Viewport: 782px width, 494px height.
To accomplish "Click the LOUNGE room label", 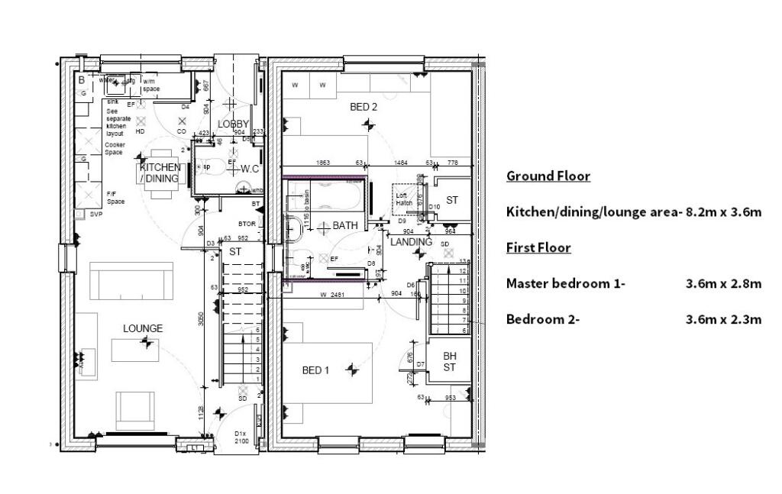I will [143, 328].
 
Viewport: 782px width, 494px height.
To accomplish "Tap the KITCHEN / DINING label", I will [160, 173].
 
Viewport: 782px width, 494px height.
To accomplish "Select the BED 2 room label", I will [364, 107].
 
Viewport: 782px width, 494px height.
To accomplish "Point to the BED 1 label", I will [315, 370].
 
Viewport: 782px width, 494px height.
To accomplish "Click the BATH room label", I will [344, 226].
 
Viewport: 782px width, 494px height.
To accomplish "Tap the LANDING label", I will [411, 242].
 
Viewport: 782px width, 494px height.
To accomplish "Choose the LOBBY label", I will [233, 124].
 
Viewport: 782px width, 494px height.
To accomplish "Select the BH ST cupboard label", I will [450, 361].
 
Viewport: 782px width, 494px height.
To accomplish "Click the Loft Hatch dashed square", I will [405, 199].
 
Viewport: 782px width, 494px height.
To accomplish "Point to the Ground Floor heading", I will [548, 176].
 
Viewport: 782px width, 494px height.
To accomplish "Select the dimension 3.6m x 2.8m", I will [723, 284].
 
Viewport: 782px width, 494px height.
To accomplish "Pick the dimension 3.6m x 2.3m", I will [723, 319].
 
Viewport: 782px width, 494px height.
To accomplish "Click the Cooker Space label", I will [115, 148].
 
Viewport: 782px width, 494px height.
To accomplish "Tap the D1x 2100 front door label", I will [242, 437].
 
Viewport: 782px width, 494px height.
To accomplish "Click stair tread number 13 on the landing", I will [462, 262].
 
